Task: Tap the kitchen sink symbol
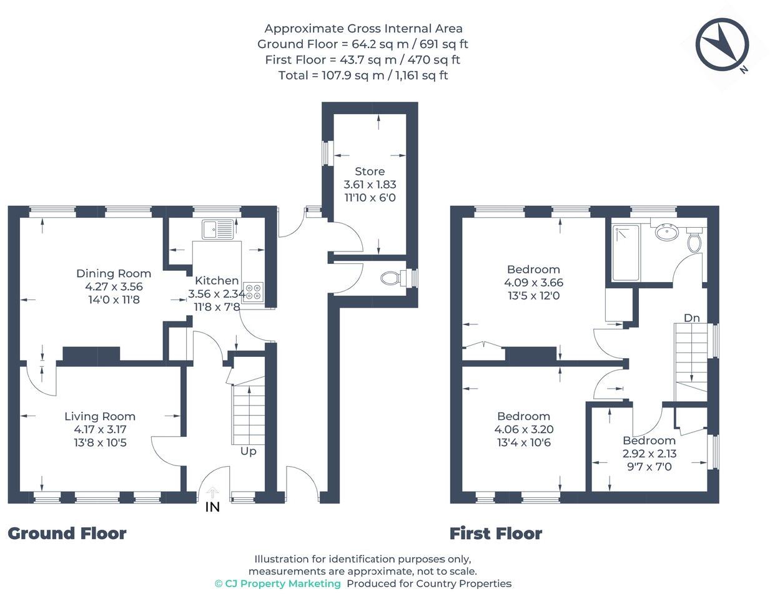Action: (217, 229)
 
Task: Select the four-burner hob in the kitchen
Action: (254, 291)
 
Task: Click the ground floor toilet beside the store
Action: (390, 278)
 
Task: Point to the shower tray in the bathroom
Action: (625, 253)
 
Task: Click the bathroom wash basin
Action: (668, 233)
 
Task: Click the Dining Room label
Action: (114, 273)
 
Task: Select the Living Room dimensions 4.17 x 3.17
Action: (100, 429)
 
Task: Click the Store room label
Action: (370, 171)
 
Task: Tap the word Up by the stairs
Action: (249, 451)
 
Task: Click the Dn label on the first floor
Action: (691, 318)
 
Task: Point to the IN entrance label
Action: (212, 507)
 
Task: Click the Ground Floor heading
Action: (67, 533)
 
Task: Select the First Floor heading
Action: (496, 533)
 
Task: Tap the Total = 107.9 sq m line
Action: (363, 75)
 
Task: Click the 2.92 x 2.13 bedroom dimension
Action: (649, 454)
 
